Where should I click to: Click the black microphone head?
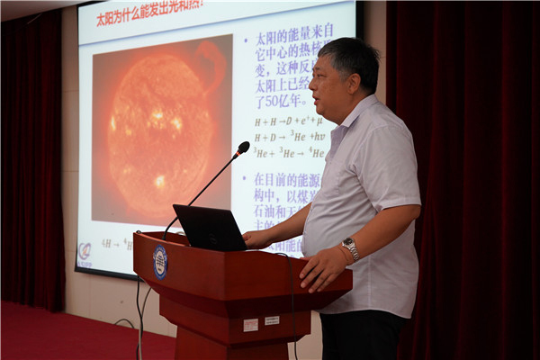243,148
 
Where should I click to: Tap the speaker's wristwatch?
350,247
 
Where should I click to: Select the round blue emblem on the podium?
160,262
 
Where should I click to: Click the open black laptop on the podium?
210,229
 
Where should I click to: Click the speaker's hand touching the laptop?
256,238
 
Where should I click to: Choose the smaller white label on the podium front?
272,320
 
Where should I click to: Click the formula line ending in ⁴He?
288,153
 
